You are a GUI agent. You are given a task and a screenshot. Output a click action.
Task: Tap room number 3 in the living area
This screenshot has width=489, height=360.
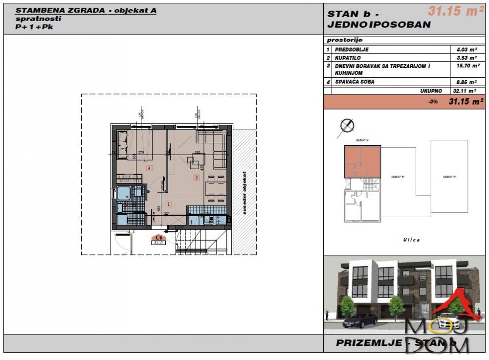(x=197, y=178)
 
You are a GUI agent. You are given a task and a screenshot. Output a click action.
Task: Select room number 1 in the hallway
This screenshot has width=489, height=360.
(x=168, y=204)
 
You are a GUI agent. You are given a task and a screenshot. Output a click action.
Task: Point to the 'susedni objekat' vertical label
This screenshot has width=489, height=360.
(x=244, y=193)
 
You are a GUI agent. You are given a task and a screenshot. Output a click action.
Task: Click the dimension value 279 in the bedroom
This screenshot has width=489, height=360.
(x=141, y=152)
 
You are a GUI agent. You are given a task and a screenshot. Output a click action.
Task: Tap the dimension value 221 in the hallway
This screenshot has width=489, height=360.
(x=166, y=213)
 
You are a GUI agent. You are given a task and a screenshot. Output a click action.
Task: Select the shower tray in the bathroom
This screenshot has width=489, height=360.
(x=124, y=193)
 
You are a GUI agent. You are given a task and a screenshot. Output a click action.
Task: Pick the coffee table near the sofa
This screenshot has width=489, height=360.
(x=191, y=159)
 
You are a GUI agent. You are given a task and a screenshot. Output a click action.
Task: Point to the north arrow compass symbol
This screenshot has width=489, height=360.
(x=347, y=126)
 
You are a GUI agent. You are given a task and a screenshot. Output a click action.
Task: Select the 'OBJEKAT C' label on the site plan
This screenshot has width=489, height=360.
(x=448, y=177)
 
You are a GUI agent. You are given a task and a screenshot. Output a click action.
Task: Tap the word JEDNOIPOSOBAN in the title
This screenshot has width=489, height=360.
(x=379, y=25)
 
